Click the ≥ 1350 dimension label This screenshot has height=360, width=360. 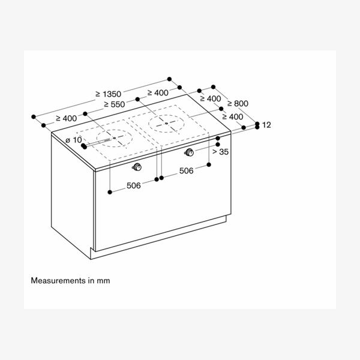(x=109, y=94)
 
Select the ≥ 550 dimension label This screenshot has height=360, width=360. (x=114, y=104)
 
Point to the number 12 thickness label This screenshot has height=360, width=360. (x=267, y=125)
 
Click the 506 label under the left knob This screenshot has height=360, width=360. (x=133, y=186)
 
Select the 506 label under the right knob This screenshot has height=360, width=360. (x=186, y=171)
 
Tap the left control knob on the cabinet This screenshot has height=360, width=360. (x=139, y=166)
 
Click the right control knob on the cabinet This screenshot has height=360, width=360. (x=190, y=151)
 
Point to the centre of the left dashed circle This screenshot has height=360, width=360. (x=114, y=139)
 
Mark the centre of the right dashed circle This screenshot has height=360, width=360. (x=166, y=124)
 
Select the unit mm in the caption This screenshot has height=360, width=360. (x=104, y=280)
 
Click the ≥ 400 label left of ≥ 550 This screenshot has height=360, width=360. (x=66, y=119)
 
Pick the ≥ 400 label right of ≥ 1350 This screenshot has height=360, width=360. (x=158, y=92)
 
